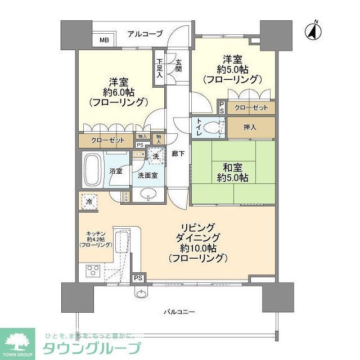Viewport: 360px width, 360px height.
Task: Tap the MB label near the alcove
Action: (x=105, y=40)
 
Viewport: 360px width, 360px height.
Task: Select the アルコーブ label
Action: (x=144, y=34)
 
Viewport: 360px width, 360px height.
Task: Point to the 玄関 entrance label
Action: (x=178, y=66)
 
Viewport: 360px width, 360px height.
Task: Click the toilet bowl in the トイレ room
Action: (x=211, y=128)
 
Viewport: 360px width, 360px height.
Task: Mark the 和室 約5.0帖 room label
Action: (x=232, y=172)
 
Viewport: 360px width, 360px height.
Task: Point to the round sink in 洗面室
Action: (x=148, y=194)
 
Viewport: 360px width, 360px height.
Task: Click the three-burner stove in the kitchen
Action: (x=93, y=274)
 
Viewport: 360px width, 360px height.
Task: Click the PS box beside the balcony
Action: (x=137, y=278)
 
